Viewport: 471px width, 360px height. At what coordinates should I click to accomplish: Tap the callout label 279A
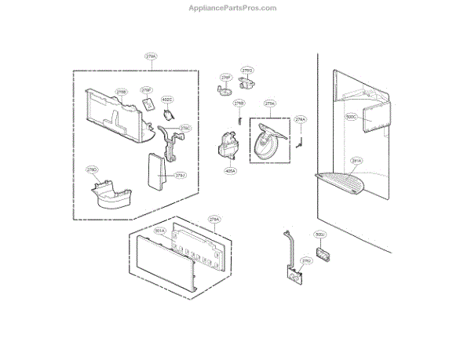click(x=151, y=56)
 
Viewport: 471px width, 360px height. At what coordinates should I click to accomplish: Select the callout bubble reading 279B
click(x=122, y=92)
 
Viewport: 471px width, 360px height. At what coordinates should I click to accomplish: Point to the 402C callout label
click(x=167, y=100)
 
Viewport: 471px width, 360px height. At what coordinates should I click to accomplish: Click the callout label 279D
click(x=92, y=169)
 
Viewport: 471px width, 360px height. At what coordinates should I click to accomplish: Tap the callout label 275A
click(x=270, y=103)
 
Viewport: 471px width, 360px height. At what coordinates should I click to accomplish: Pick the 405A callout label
click(x=230, y=169)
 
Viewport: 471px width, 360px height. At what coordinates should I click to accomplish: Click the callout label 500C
click(x=351, y=116)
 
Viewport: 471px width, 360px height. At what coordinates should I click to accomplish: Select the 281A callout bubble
click(x=356, y=162)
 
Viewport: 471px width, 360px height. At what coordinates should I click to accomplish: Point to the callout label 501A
click(x=159, y=231)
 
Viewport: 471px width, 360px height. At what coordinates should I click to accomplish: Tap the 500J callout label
click(x=319, y=235)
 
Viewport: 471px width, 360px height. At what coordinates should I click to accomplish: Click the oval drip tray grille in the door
click(x=344, y=183)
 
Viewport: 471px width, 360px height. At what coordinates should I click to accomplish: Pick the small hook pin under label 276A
click(x=300, y=141)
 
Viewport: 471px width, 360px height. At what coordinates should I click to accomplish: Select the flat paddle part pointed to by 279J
click(x=154, y=172)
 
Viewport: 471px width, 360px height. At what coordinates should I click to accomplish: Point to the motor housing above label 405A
click(x=228, y=146)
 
